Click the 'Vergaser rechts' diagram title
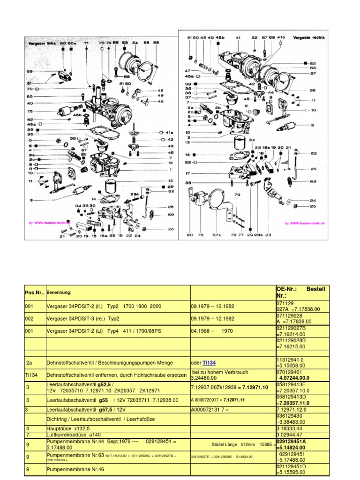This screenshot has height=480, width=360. click(x=309, y=37)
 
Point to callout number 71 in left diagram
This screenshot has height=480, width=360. click(x=86, y=43)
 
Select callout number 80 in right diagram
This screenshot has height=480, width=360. click(x=189, y=234)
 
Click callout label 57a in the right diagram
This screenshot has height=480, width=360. click(x=217, y=234)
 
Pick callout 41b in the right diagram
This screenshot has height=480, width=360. click(x=281, y=37)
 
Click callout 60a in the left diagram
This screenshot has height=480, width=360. click(x=72, y=43)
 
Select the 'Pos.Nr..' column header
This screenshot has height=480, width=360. click(x=34, y=292)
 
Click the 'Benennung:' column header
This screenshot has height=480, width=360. click(x=59, y=292)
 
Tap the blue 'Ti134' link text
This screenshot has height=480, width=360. click(x=209, y=362)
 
